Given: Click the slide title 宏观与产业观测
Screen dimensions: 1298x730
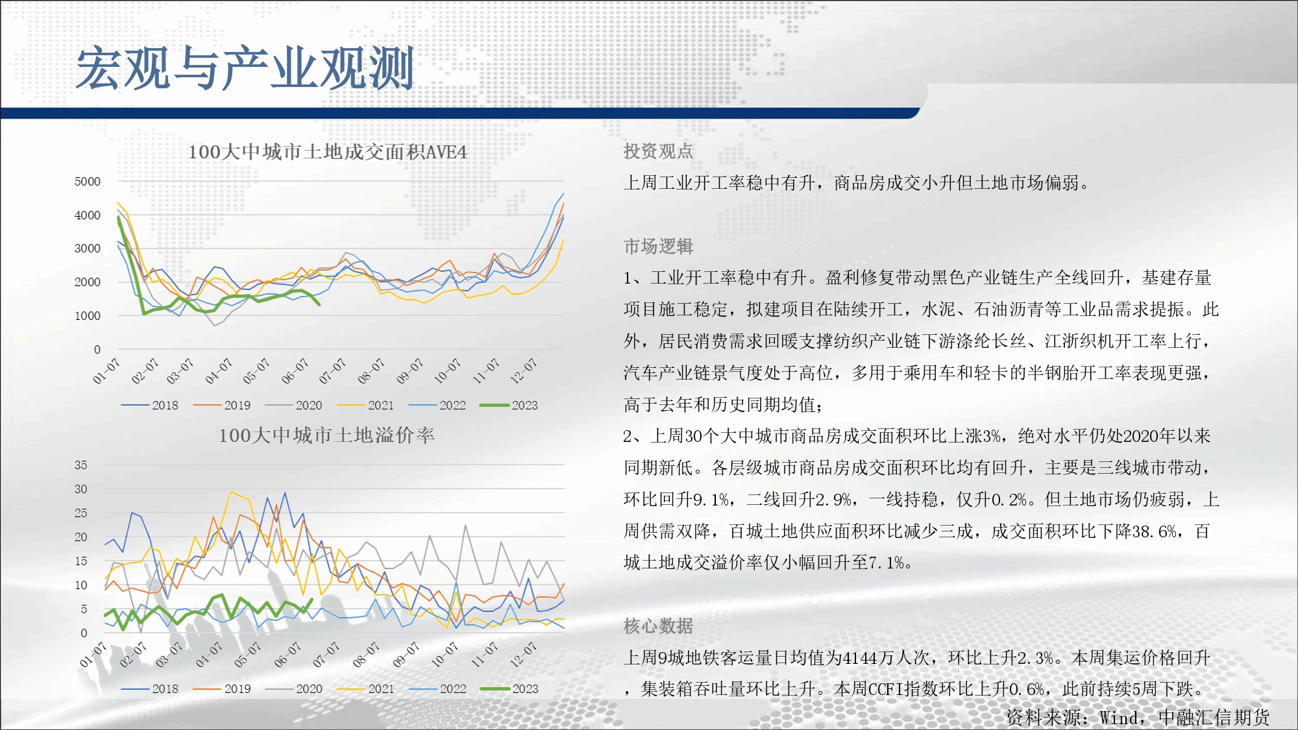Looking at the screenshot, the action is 245,68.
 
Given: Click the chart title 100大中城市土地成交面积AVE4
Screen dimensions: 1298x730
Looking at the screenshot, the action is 327,152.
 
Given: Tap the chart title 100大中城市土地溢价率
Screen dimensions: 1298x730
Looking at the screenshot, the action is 326,435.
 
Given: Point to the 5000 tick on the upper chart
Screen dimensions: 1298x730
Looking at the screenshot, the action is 88,182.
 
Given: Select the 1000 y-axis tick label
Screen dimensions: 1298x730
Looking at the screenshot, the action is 88,316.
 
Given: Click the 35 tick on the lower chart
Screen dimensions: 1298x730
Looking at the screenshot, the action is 80,465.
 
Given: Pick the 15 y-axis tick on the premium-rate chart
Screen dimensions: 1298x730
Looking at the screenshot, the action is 80,561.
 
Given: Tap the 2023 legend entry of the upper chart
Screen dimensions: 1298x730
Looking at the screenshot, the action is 509,406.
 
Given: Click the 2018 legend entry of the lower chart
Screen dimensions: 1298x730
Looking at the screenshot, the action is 150,689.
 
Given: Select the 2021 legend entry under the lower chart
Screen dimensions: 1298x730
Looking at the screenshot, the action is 366,689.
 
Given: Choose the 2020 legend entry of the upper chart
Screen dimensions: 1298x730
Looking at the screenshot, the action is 293,406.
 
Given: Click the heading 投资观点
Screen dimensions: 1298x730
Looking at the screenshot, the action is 658,151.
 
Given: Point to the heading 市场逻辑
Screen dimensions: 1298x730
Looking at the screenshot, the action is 658,247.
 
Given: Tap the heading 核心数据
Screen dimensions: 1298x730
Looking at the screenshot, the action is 658,626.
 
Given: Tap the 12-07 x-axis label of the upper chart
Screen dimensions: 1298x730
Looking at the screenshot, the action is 524,371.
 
